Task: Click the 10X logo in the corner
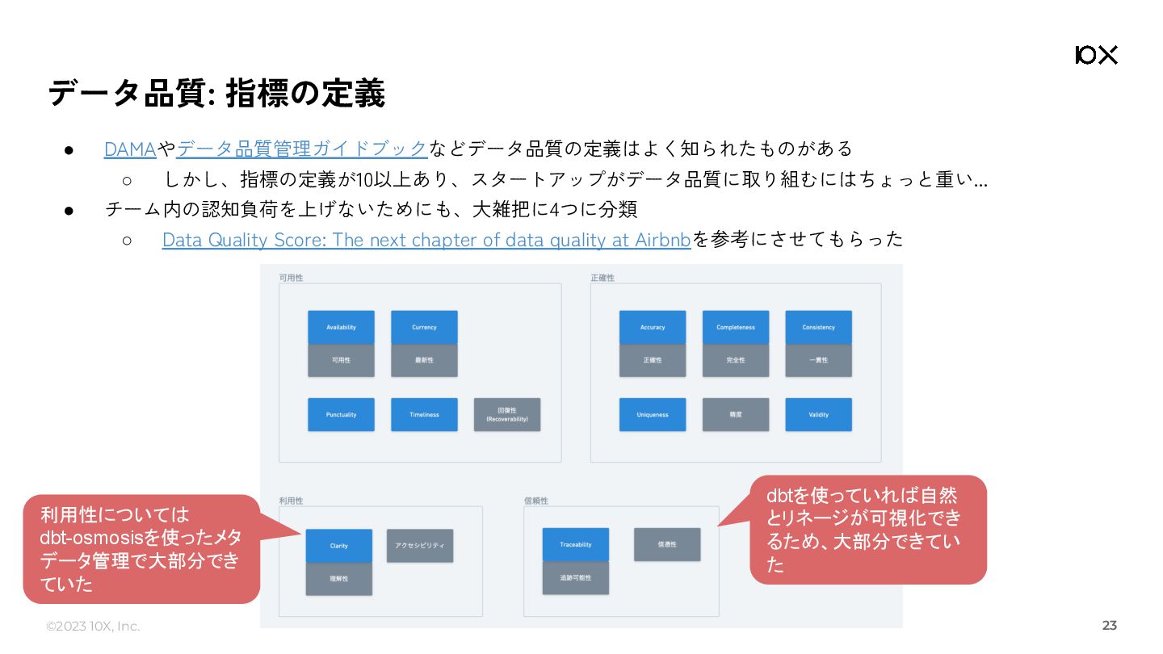click(x=1096, y=55)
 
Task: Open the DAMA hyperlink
click(x=130, y=149)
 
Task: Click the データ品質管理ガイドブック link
click(x=301, y=149)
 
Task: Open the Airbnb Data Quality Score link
click(x=426, y=240)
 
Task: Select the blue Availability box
click(x=341, y=327)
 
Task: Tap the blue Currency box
click(x=424, y=327)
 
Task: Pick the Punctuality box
click(x=341, y=414)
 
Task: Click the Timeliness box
click(x=424, y=414)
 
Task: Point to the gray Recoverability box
click(x=507, y=414)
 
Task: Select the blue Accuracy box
click(x=653, y=327)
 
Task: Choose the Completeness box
click(x=736, y=327)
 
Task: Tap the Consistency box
click(x=818, y=327)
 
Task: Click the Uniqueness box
click(x=653, y=414)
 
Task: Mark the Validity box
click(x=818, y=414)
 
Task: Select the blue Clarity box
click(x=339, y=546)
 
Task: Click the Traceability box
click(x=576, y=544)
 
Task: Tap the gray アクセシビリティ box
click(x=420, y=546)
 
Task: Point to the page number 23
click(x=1109, y=626)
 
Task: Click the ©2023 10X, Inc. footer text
click(x=93, y=627)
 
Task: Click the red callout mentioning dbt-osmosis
click(x=141, y=549)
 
